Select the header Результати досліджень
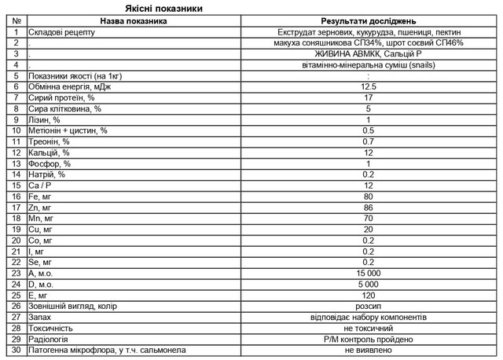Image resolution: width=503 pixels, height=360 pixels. [x=369, y=20]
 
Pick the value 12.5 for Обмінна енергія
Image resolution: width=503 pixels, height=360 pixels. [x=369, y=86]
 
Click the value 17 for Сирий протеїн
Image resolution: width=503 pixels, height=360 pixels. [x=369, y=97]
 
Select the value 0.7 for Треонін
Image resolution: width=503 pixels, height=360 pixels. [x=369, y=141]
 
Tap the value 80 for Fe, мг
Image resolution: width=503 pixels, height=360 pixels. [x=369, y=197]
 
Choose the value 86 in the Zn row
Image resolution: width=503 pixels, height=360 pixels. [x=369, y=208]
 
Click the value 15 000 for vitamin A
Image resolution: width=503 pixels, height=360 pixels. [x=369, y=273]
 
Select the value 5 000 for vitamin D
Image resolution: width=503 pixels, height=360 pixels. [x=369, y=284]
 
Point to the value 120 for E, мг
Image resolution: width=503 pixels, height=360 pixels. [x=369, y=295]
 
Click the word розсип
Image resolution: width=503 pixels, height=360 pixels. [x=369, y=306]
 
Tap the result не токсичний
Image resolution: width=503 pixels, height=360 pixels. [x=369, y=328]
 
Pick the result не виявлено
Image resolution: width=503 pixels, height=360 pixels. [x=369, y=350]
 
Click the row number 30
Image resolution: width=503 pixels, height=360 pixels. [x=17, y=350]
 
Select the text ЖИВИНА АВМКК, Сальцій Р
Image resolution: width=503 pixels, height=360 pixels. [x=369, y=53]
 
